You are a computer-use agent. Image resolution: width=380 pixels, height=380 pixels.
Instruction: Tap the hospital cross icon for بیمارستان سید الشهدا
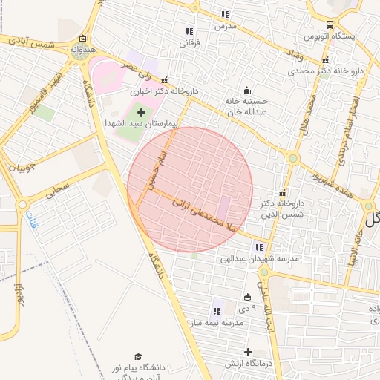142,111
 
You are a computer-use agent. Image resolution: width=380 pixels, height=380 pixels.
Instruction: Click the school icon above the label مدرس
224,14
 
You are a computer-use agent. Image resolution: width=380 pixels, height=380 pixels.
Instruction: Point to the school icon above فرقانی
190,31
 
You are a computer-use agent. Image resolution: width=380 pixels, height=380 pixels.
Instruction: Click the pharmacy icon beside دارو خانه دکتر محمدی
324,72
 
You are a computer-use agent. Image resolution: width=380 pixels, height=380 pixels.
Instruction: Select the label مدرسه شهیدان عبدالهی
248,260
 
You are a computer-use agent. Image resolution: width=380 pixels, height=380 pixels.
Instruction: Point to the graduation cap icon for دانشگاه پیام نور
137,358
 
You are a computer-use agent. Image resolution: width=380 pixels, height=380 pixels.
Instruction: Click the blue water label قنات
31,220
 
